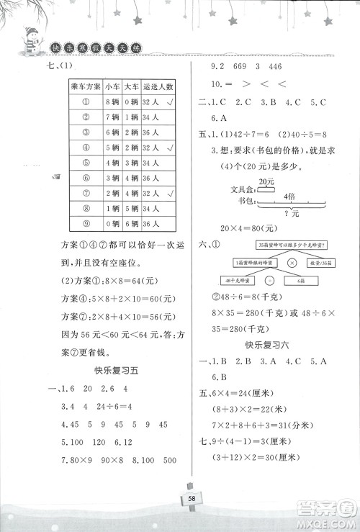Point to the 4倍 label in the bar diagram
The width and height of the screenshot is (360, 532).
click(288, 195)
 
